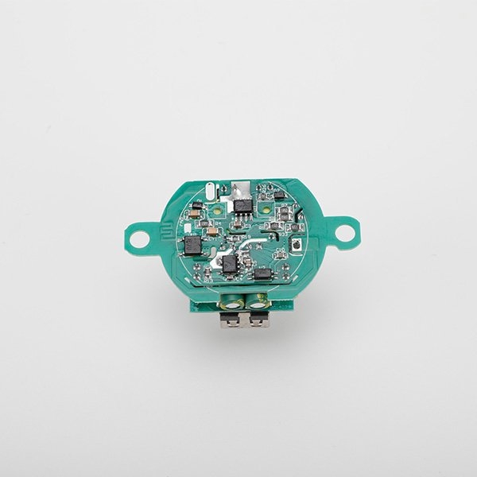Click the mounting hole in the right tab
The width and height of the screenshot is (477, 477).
pos(345,233)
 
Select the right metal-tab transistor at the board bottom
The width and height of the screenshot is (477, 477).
pos(258,320)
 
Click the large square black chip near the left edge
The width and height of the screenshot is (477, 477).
pos(192,245)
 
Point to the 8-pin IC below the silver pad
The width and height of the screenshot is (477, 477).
pos(242,205)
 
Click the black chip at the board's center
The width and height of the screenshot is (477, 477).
pos(230,264)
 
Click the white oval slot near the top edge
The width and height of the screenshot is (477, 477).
pos(209,191)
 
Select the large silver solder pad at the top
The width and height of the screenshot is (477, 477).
pos(241,189)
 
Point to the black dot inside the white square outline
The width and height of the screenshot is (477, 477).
pos(295,247)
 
